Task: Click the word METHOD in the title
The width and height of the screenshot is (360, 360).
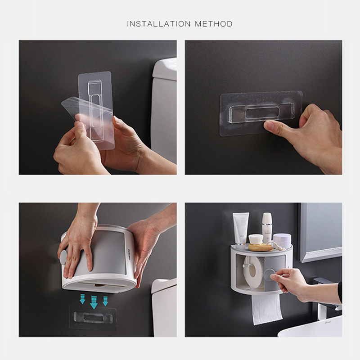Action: pyautogui.click(x=214, y=24)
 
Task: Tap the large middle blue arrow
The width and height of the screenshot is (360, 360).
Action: pyautogui.click(x=94, y=301)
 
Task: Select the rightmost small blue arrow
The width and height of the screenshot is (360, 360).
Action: pyautogui.click(x=105, y=300)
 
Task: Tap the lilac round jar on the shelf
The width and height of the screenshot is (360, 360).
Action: pyautogui.click(x=282, y=241)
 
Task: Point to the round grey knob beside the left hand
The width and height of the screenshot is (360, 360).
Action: pyautogui.click(x=63, y=257)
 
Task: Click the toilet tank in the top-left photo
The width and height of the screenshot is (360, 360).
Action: pyautogui.click(x=164, y=108)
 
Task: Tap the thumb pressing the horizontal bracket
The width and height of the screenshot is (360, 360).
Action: pyautogui.click(x=274, y=126)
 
